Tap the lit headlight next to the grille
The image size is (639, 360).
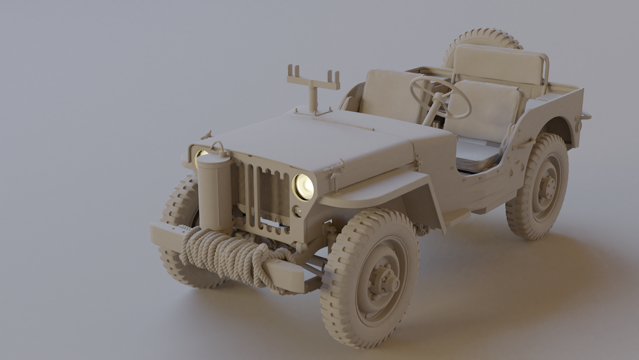coord(304,187)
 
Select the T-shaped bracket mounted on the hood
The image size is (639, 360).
coord(313,83)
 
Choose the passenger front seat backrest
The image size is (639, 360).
coord(389,95)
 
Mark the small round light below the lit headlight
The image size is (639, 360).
coord(298,211)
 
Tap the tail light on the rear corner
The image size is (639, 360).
coord(578,126)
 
